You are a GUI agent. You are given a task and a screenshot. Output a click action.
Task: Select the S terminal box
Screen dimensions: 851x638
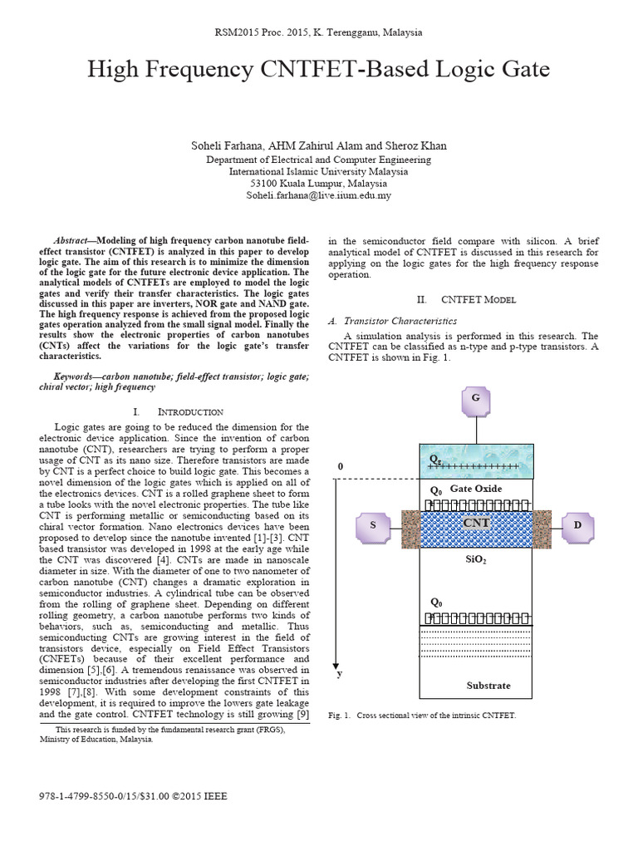pyautogui.click(x=373, y=525)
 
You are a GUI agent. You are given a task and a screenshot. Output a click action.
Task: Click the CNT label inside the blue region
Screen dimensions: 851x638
pyautogui.click(x=476, y=524)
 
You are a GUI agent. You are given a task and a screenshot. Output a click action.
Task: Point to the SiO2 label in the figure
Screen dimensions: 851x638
pyautogui.click(x=476, y=561)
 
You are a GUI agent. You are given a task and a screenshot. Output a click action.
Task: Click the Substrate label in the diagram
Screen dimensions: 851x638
pyautogui.click(x=488, y=686)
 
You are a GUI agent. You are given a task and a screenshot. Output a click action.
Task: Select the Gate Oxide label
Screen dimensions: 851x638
pyautogui.click(x=476, y=489)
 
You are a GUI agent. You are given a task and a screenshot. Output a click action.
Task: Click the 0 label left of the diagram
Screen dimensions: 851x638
pyautogui.click(x=339, y=467)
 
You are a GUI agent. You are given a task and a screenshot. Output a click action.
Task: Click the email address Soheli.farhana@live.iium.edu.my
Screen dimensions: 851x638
pyautogui.click(x=318, y=196)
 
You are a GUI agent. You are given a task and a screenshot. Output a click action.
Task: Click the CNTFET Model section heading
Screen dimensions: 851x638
pyautogui.click(x=478, y=299)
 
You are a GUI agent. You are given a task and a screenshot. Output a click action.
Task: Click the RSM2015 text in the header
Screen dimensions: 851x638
pyautogui.click(x=238, y=32)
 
